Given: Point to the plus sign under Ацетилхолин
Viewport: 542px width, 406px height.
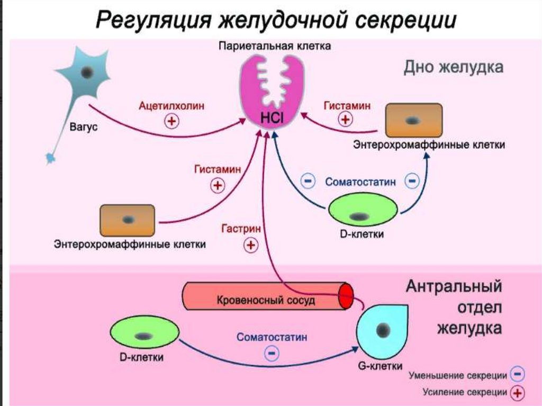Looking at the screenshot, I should [x=171, y=121].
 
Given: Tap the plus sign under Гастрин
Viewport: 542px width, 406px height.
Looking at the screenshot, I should [x=250, y=245].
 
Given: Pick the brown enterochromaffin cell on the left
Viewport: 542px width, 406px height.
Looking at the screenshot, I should [x=127, y=220].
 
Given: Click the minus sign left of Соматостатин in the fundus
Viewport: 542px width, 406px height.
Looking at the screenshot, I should [x=308, y=182].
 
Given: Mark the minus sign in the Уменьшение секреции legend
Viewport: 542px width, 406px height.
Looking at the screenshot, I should [x=518, y=375].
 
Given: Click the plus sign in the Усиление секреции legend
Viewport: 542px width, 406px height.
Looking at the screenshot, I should [x=518, y=393].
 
